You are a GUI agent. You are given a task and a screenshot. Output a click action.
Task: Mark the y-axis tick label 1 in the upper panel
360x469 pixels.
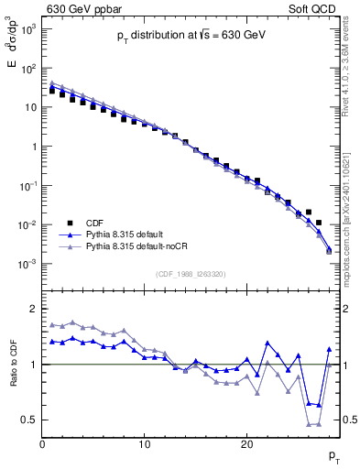33,147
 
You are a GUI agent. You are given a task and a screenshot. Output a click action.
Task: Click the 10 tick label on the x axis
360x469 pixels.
144,444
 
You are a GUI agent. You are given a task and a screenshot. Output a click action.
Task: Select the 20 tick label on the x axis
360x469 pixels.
246,444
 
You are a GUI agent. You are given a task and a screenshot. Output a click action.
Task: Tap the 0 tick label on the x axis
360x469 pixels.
42,444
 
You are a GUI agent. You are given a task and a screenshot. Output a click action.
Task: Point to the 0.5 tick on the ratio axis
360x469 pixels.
29,420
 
